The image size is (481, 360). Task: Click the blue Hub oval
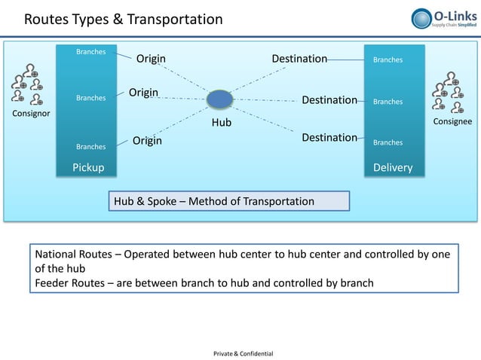219,99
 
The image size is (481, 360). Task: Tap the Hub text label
221,122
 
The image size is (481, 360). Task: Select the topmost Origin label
151,59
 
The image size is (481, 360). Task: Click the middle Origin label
143,93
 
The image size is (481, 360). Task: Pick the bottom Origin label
148,141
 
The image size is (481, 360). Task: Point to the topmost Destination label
299,59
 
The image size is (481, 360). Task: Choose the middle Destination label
329,100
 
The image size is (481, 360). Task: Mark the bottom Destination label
329,138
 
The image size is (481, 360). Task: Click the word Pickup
88,167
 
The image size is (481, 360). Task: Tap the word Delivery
394,167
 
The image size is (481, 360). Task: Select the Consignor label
28,114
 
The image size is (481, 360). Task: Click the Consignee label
451,121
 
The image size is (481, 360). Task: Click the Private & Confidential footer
244,353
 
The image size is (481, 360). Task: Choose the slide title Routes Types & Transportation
123,19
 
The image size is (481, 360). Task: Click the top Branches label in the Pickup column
91,52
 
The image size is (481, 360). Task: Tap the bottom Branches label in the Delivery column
388,142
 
